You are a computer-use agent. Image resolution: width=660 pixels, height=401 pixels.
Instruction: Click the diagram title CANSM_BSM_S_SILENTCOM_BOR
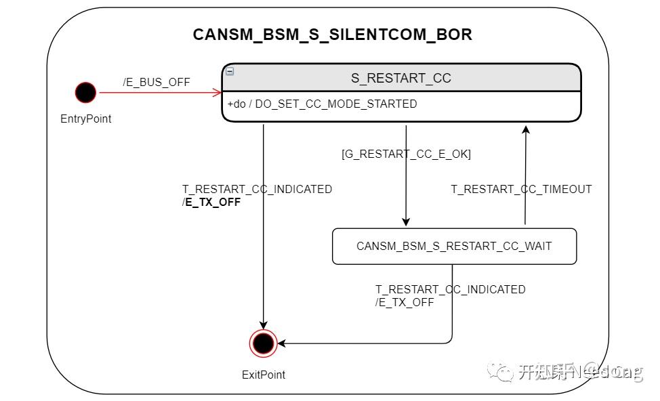coord(332,35)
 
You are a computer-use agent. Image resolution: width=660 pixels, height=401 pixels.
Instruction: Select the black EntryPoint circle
coord(85,92)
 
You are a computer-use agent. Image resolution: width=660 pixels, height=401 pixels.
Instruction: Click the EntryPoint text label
coord(85,119)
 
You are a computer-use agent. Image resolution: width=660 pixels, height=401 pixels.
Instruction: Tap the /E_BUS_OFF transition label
coord(157,82)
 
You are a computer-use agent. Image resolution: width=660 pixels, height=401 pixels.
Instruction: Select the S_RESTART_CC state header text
coord(400,78)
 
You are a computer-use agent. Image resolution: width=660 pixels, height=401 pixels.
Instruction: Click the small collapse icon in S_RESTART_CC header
coord(230,71)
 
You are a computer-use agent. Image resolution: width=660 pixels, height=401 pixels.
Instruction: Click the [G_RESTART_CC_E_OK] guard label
coord(406,154)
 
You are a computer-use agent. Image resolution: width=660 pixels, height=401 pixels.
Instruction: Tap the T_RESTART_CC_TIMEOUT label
coord(521,189)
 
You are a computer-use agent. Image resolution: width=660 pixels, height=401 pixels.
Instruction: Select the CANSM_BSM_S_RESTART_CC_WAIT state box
coord(454,246)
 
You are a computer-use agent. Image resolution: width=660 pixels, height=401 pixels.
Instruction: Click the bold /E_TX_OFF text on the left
coord(211,202)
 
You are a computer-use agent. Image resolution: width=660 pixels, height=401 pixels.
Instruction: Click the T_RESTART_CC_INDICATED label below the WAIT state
coord(450,289)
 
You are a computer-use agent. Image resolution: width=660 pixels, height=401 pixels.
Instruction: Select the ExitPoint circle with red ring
coord(263,343)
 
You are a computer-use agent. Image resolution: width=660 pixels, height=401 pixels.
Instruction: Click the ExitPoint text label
coord(264,375)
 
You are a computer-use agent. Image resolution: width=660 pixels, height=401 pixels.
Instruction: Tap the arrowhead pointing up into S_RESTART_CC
coord(526,129)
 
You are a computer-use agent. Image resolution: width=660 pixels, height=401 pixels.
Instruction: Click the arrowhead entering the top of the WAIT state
coord(406,221)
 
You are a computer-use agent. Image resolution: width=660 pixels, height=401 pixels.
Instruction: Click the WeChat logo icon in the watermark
coord(503,371)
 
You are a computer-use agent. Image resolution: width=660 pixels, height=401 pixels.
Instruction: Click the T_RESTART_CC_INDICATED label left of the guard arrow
coord(257,189)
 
